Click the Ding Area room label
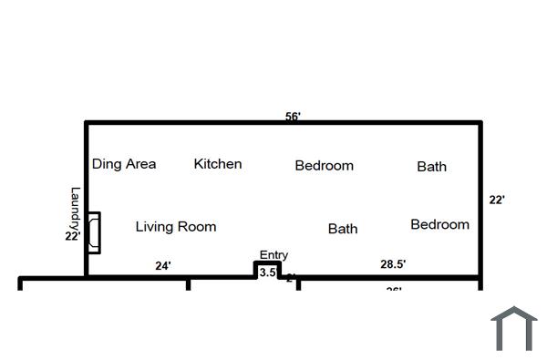[x=124, y=164]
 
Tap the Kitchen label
[x=218, y=164]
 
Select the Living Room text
[x=176, y=226]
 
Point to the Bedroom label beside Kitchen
[x=324, y=166]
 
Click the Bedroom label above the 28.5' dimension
[x=439, y=224]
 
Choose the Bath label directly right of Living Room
[x=343, y=229]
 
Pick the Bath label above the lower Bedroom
[x=431, y=166]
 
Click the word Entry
[x=273, y=255]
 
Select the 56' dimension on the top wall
[x=293, y=116]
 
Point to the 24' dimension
[x=162, y=266]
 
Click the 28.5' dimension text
[x=393, y=264]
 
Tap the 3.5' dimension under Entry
[x=268, y=273]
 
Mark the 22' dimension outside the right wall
[x=497, y=200]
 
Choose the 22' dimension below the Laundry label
[x=73, y=235]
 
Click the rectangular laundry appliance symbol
[x=94, y=232]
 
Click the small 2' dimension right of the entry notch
[x=291, y=277]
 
